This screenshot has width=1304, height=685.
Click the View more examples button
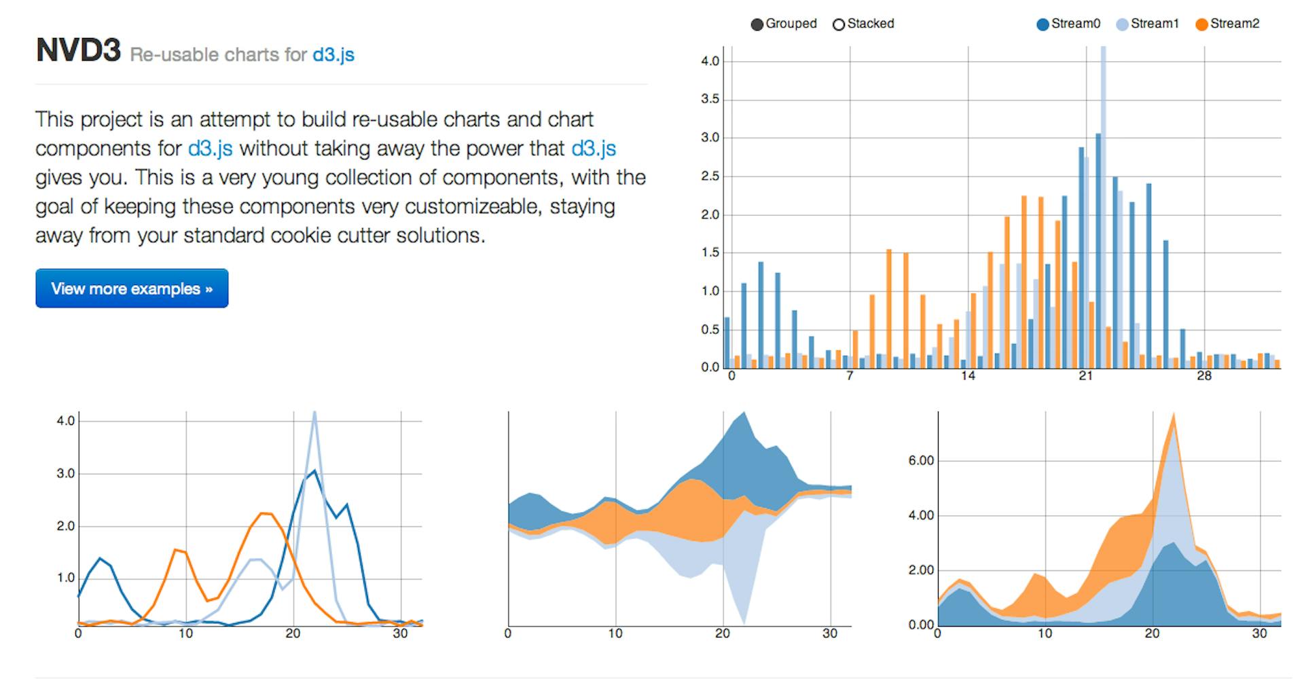132,289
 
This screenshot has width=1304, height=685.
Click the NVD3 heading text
78,51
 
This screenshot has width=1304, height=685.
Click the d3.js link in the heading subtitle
333,54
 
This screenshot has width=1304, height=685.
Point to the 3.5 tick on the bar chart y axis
710,99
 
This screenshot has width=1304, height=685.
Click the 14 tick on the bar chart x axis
967,376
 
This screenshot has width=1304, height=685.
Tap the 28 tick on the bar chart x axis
1203,376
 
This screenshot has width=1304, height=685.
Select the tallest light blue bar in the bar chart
1103,204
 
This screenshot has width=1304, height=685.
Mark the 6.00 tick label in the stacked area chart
921,461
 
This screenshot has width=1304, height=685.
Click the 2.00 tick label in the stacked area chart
921,570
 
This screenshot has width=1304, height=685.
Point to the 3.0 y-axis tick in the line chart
66,474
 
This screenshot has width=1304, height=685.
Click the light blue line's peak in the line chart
314,414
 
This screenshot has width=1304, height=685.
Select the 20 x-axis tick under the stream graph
723,633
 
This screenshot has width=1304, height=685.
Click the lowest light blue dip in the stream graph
744,622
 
